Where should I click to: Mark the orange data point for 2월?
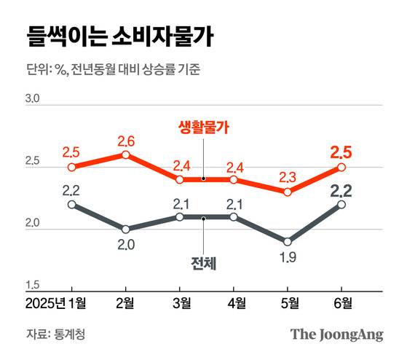125,154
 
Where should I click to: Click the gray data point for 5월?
288,241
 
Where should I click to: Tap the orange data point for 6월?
341,167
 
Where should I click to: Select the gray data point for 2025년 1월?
71,204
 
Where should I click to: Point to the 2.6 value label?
125,141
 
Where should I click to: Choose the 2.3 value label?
288,177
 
